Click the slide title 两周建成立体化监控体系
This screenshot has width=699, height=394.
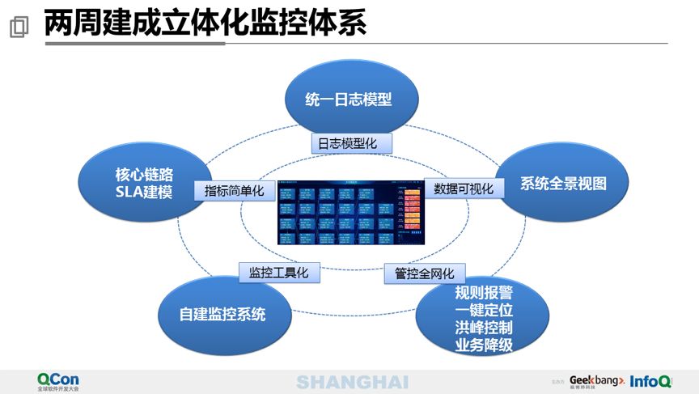205,23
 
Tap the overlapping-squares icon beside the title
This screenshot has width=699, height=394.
19,27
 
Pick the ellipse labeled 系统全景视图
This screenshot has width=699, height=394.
563,184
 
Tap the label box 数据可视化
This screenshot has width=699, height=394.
464,189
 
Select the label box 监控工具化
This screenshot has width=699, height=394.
278,273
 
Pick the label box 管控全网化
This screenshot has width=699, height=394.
425,273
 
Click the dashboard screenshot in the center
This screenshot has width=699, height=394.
350,212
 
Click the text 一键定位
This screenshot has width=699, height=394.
484,310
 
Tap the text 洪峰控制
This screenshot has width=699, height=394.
484,328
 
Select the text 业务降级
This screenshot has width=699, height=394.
484,345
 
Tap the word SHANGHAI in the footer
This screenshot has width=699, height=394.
352,382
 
